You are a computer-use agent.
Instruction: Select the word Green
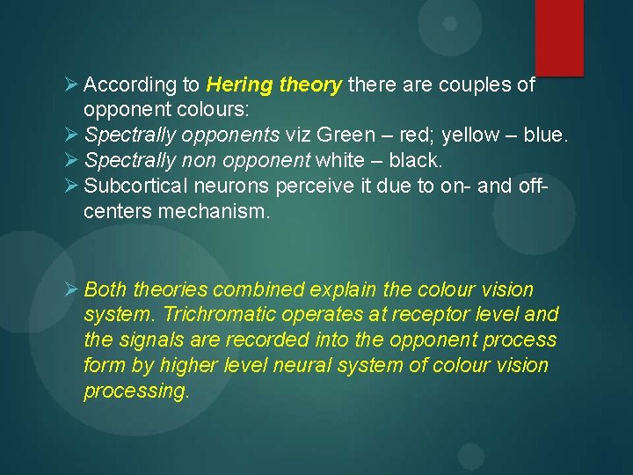tap(345, 136)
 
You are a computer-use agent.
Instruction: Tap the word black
tap(415, 162)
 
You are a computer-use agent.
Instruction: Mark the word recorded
tap(248, 340)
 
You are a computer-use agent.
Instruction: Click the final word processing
tap(135, 391)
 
